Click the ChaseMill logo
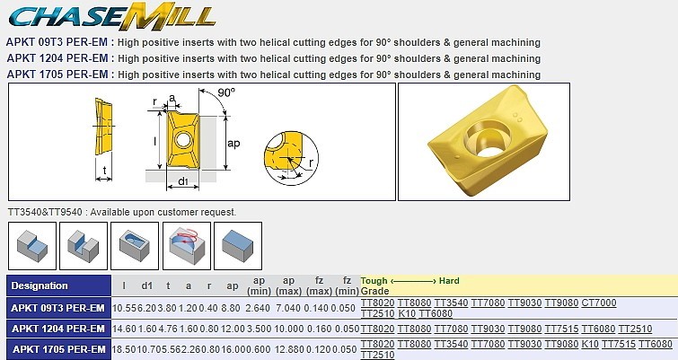(111, 17)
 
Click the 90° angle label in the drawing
(226, 92)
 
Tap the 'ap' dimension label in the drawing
(233, 143)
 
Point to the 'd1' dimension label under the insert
(183, 181)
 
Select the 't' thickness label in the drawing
(104, 170)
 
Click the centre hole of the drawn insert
(182, 139)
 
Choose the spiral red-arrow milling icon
(187, 246)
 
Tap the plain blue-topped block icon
(238, 246)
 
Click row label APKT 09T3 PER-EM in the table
(58, 308)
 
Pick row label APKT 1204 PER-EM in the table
(58, 329)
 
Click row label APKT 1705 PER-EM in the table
(58, 349)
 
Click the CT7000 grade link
(599, 303)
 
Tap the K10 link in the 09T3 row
(407, 313)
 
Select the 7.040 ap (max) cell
(289, 308)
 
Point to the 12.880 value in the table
(289, 349)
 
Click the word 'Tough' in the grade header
(374, 281)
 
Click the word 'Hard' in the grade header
(449, 281)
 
